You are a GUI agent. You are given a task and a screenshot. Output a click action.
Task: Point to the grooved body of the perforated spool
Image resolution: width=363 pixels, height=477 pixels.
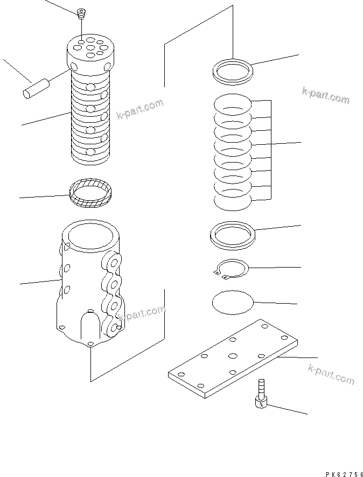click(x=90, y=121)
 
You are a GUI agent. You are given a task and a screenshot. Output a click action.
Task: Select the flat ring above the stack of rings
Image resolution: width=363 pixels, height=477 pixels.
click(x=233, y=72)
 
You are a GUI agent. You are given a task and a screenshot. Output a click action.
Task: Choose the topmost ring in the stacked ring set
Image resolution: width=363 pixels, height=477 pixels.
click(x=232, y=105)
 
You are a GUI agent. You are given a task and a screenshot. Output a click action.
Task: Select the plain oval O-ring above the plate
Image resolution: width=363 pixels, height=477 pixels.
click(x=232, y=303)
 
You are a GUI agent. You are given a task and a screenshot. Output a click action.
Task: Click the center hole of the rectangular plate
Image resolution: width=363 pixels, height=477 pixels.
click(x=233, y=356)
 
